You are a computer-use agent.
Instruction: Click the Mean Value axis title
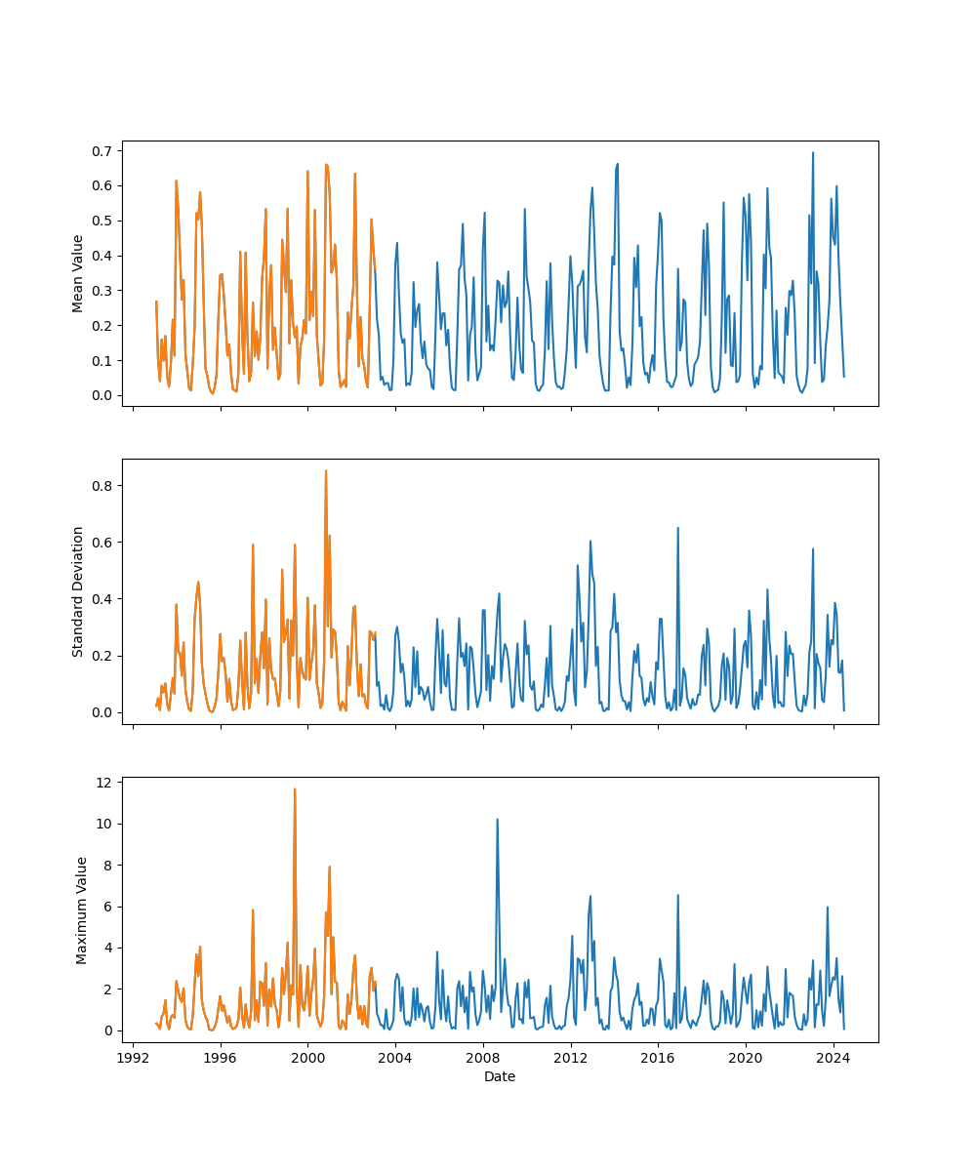coord(78,273)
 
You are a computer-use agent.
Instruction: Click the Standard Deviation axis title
coord(78,591)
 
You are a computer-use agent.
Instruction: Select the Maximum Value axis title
coord(82,909)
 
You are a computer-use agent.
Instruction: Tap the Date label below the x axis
coord(500,1076)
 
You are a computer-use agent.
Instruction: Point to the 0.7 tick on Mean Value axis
coord(102,150)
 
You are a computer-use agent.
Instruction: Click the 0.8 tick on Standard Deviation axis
coord(102,485)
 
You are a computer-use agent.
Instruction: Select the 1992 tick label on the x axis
coord(133,1057)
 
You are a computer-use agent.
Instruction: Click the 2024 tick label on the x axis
coord(834,1057)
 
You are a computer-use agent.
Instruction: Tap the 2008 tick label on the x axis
coord(483,1057)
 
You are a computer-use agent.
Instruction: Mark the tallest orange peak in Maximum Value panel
coord(295,789)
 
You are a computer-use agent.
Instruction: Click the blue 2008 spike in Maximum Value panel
coord(497,820)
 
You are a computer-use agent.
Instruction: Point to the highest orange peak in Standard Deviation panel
coord(326,471)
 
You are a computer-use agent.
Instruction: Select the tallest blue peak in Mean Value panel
coord(812,153)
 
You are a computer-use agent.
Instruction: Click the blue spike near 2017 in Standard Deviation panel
coord(677,529)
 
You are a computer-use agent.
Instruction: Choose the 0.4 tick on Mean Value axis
coord(102,256)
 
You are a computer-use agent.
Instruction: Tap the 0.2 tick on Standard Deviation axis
coord(102,656)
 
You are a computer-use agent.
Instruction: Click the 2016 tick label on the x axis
coord(658,1057)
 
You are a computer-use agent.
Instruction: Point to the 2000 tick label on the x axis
coord(307,1057)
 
